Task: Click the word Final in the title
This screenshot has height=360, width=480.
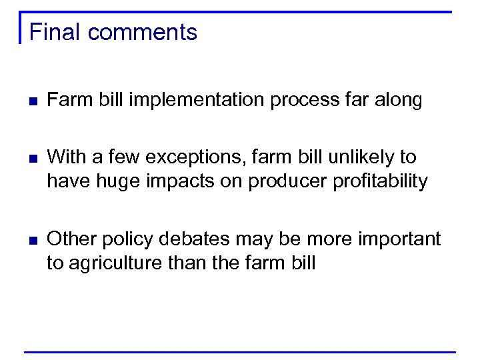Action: pos(55,32)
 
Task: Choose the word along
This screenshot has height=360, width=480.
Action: pos(398,101)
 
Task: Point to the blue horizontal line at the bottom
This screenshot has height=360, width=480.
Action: pos(240,351)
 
